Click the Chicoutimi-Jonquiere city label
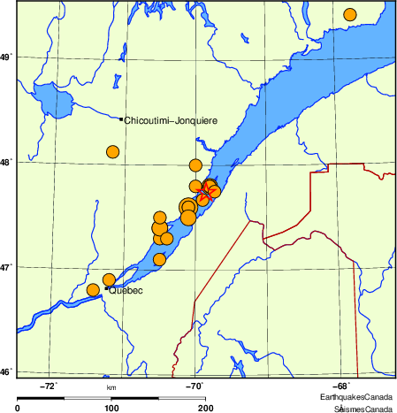(x=171, y=119)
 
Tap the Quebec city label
(x=126, y=290)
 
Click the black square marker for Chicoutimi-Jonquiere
(x=121, y=119)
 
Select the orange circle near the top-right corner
(x=350, y=14)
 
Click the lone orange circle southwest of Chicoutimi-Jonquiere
(x=112, y=151)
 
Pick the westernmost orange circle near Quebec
(x=93, y=290)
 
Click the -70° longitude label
(x=195, y=386)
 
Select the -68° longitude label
(x=341, y=386)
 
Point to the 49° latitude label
(x=6, y=57)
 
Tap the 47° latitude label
(x=6, y=267)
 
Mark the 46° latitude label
(x=6, y=371)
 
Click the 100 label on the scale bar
(x=111, y=408)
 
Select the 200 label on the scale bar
(x=206, y=408)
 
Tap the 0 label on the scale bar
(x=18, y=408)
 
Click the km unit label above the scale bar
(x=111, y=387)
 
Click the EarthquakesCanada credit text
(x=356, y=398)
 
